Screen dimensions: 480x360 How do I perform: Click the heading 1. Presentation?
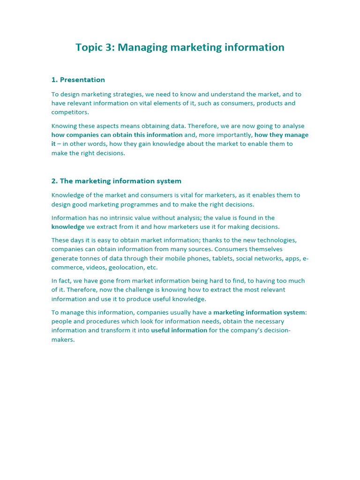pos(78,80)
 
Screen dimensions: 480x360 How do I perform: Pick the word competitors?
pos(70,112)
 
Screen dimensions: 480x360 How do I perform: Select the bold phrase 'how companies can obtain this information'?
pos(117,135)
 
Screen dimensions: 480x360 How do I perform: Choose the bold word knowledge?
pos(68,227)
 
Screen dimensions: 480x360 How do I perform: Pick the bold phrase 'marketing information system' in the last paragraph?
pos(259,313)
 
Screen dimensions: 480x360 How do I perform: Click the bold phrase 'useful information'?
pos(179,330)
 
